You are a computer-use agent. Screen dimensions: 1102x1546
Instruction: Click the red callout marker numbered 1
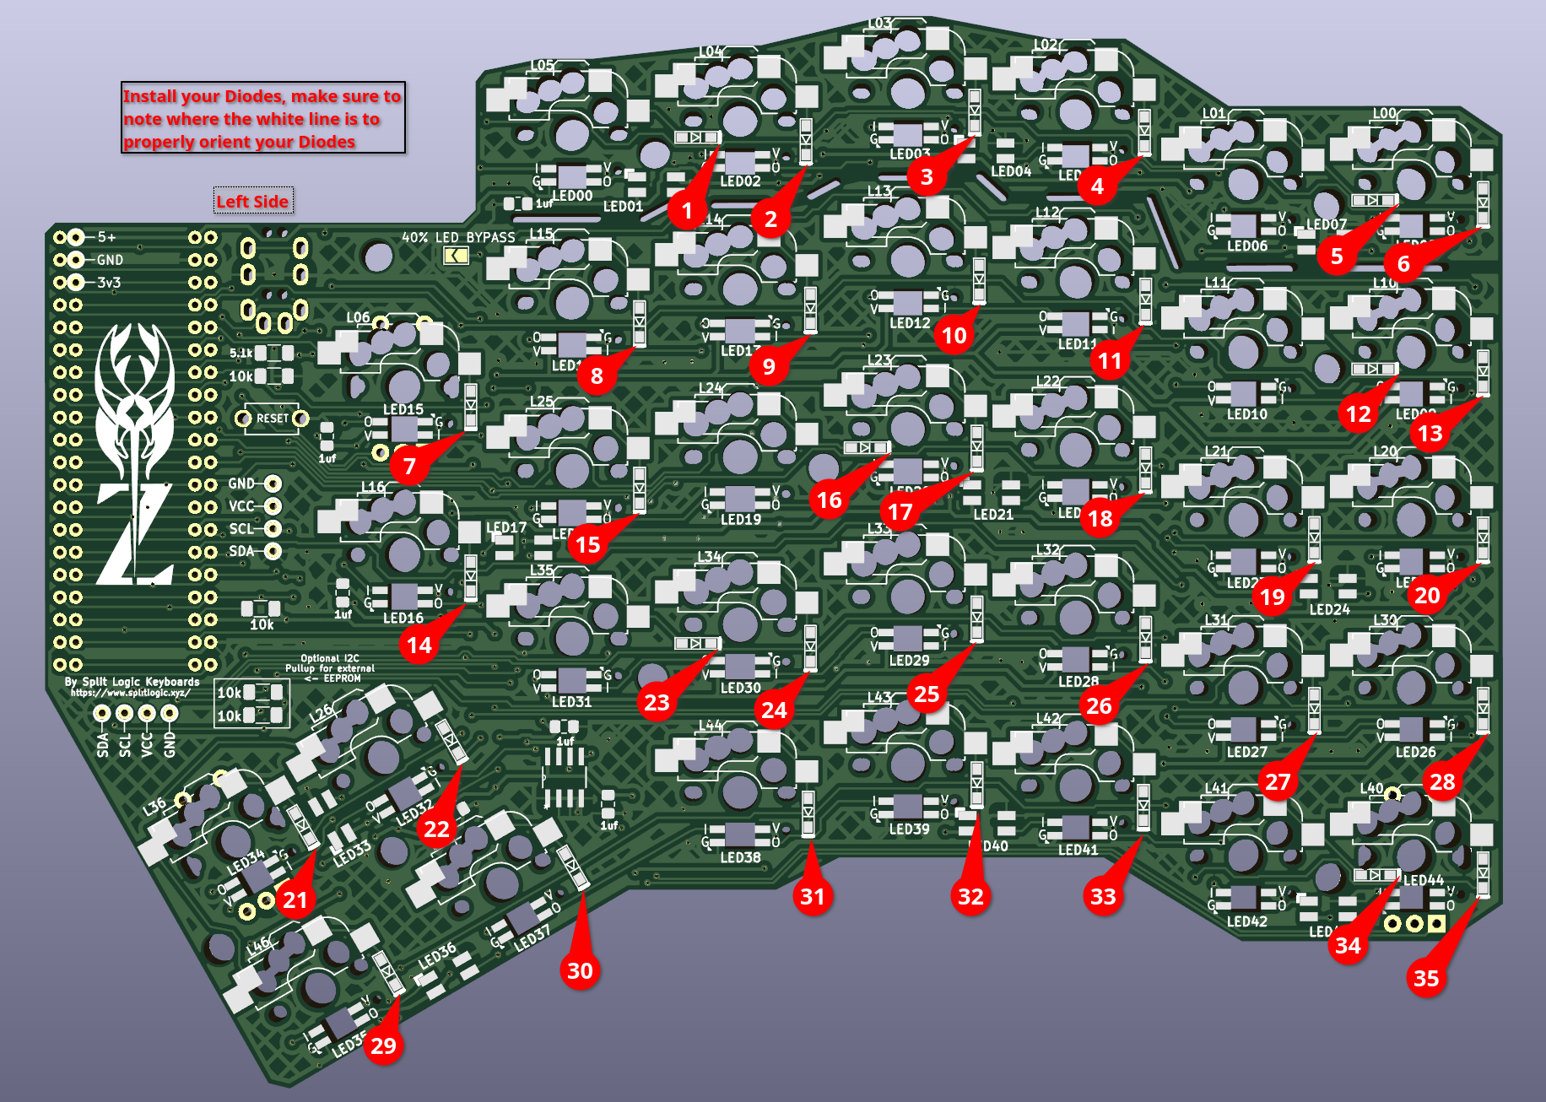pos(687,210)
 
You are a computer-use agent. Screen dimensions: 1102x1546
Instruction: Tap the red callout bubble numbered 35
pos(1426,978)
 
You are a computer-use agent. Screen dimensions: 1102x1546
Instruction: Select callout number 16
pos(829,500)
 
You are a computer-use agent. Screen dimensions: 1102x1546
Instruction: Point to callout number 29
pos(383,1045)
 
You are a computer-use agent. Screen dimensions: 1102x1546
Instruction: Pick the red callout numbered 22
pos(436,829)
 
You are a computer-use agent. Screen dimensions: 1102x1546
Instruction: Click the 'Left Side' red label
pos(252,201)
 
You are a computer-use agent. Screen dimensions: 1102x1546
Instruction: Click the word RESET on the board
pos(273,418)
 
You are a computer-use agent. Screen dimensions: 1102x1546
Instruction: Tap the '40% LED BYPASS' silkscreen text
pos(458,237)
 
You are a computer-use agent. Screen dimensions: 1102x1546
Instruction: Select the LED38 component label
pos(740,857)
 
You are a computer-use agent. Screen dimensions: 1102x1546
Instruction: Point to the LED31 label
pos(571,701)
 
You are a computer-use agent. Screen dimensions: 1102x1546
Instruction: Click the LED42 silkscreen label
pos(1246,921)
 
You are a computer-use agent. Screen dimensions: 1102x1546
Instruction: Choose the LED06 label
pos(1246,246)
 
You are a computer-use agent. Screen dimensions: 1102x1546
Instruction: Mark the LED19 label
pos(740,519)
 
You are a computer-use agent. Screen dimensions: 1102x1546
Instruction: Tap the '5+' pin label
pos(106,237)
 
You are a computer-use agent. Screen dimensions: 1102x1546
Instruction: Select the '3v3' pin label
pos(109,282)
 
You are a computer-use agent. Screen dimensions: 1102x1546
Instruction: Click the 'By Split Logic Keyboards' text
pos(132,681)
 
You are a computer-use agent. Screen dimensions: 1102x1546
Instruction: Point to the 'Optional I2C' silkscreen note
pos(330,658)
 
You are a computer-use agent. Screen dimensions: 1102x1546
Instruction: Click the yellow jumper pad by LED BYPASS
pos(456,256)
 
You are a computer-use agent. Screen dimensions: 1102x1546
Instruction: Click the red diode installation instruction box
pos(263,118)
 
